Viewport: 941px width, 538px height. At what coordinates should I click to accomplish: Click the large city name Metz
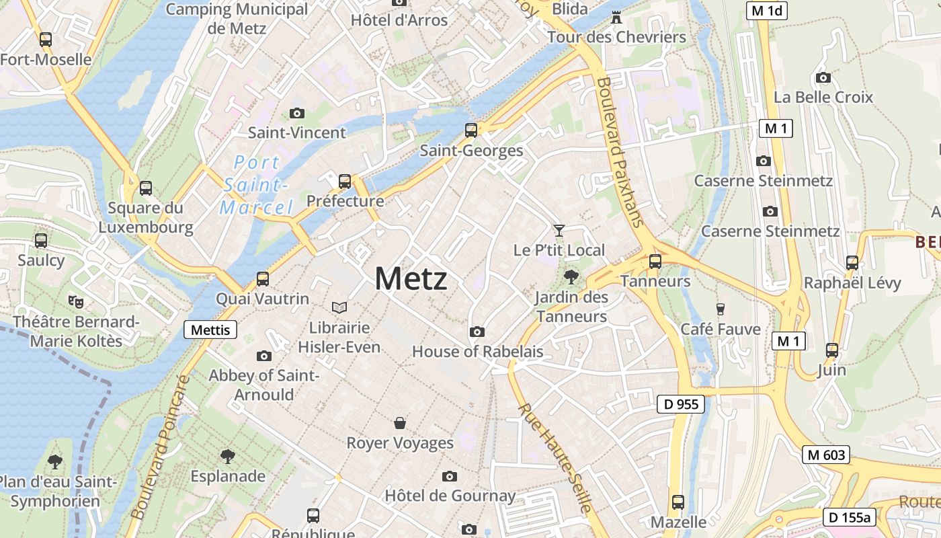pyautogui.click(x=411, y=278)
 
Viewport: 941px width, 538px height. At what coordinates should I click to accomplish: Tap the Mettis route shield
pyautogui.click(x=210, y=330)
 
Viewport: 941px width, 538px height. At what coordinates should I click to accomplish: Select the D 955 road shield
pyautogui.click(x=680, y=404)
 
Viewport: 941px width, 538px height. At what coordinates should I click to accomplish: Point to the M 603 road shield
pyautogui.click(x=826, y=455)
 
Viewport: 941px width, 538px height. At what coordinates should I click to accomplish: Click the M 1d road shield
pyautogui.click(x=767, y=10)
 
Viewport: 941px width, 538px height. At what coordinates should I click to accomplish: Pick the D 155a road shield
pyautogui.click(x=850, y=517)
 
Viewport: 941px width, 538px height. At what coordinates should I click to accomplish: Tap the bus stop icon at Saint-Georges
pyautogui.click(x=471, y=130)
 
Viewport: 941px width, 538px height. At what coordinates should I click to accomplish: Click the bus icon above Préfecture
pyautogui.click(x=345, y=181)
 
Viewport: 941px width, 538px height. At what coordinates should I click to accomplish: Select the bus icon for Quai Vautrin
pyautogui.click(x=263, y=279)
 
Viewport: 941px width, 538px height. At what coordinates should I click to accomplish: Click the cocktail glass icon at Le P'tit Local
pyautogui.click(x=559, y=231)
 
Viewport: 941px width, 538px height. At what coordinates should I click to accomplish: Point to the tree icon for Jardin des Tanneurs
pyautogui.click(x=571, y=276)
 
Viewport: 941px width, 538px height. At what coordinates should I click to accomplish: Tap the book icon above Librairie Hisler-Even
pyautogui.click(x=339, y=307)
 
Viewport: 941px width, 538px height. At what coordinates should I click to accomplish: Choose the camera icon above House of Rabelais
pyautogui.click(x=477, y=332)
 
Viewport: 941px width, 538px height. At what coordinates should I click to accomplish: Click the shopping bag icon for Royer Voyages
pyautogui.click(x=400, y=423)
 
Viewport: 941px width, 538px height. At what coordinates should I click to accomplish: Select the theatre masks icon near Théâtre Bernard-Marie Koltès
pyautogui.click(x=76, y=301)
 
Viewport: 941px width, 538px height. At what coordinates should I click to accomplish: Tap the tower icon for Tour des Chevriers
pyautogui.click(x=616, y=17)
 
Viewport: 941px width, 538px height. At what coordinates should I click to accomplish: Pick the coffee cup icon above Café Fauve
pyautogui.click(x=721, y=309)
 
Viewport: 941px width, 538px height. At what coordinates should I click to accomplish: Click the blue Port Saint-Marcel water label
pyautogui.click(x=256, y=185)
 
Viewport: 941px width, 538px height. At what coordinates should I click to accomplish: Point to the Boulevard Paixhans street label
pyautogui.click(x=620, y=152)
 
